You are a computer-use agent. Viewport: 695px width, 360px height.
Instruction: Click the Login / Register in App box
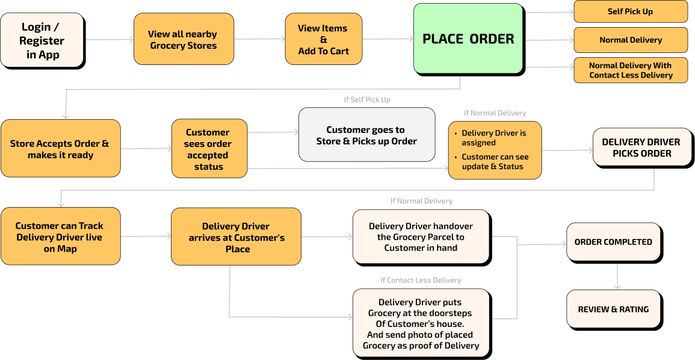(x=42, y=40)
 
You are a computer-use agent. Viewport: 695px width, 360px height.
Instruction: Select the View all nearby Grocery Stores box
(x=184, y=39)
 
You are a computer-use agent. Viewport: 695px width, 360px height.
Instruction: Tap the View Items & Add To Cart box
(x=323, y=39)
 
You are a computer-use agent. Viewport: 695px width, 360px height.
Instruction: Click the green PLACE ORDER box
(x=468, y=39)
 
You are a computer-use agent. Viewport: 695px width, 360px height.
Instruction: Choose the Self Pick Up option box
(x=630, y=11)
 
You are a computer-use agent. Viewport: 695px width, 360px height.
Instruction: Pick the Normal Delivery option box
(x=630, y=40)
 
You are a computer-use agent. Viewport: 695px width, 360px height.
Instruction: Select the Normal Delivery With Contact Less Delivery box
(x=630, y=70)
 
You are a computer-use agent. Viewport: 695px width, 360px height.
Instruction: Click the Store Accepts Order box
(x=60, y=149)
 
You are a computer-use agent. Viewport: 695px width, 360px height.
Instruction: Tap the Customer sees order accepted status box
(x=209, y=149)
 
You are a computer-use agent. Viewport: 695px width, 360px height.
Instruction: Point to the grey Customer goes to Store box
(x=366, y=135)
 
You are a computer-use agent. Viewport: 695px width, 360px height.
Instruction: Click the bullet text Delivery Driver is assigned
(x=493, y=138)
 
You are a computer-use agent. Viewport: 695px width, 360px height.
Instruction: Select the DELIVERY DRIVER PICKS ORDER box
(x=641, y=147)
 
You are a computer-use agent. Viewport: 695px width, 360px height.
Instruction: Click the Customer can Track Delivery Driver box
(x=60, y=237)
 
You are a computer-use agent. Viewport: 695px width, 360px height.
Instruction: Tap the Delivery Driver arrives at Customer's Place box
(x=236, y=237)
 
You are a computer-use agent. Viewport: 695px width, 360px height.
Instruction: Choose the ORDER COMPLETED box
(x=613, y=242)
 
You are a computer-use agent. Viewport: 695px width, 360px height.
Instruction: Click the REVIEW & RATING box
(x=613, y=309)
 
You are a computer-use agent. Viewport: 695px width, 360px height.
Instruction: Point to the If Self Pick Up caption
(x=367, y=100)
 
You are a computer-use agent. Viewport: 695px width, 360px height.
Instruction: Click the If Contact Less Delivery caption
(x=421, y=280)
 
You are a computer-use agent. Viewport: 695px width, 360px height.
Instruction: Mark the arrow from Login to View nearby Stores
(x=110, y=40)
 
